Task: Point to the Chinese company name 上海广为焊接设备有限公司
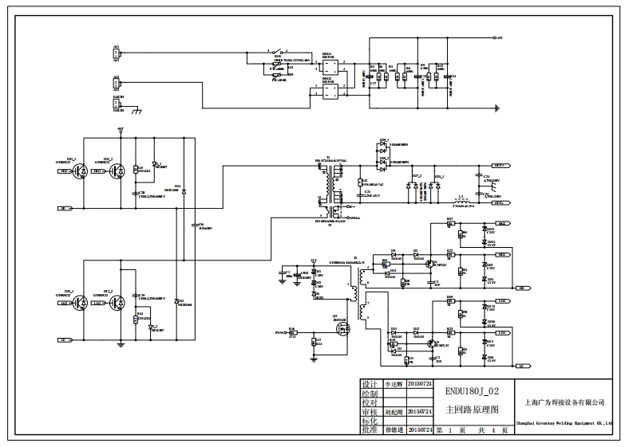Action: [564, 402]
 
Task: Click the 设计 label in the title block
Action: [368, 383]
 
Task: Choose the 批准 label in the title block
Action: [368, 429]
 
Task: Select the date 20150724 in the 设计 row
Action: [420, 383]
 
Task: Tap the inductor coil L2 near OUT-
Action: [461, 202]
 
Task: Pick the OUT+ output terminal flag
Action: [501, 166]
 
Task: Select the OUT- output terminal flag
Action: [501, 202]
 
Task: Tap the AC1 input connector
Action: [116, 53]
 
